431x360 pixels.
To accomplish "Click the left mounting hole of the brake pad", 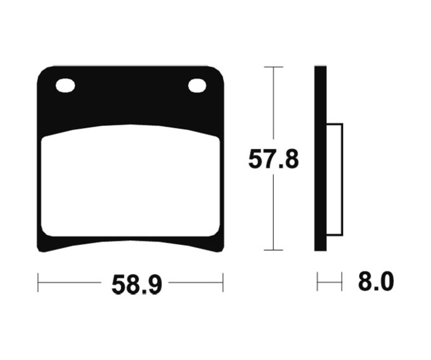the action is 65,86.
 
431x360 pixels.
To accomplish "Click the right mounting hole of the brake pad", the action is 197,86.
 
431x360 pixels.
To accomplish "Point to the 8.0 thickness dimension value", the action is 376,281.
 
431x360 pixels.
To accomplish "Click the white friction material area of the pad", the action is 130,181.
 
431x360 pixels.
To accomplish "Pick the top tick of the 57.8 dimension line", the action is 273,67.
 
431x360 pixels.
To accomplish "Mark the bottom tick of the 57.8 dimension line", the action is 273,250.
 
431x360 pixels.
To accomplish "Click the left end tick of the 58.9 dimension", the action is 38,282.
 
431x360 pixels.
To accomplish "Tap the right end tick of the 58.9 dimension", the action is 223,282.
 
